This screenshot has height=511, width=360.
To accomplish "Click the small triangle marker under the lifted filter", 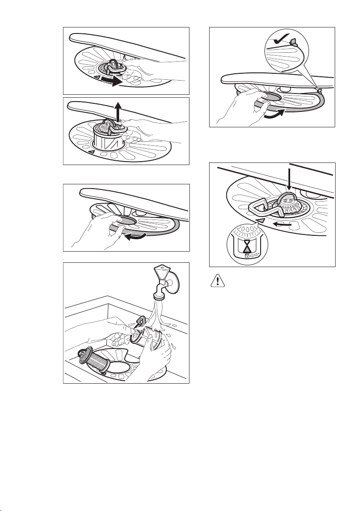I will click(x=91, y=152).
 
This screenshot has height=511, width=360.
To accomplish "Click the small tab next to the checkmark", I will click(x=294, y=41).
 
